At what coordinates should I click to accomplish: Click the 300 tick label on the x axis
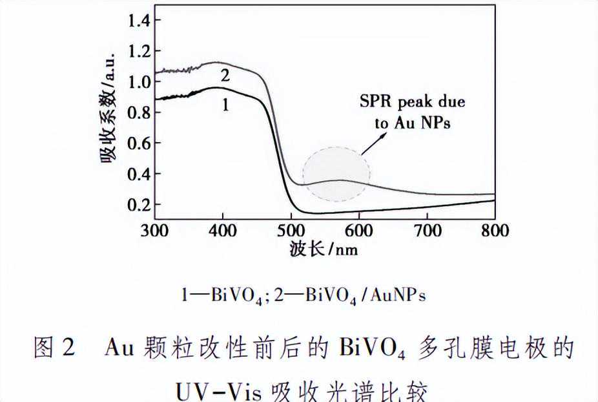pos(155,231)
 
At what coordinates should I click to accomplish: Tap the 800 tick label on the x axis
pos(495,231)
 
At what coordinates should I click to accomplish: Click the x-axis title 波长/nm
pos(324,249)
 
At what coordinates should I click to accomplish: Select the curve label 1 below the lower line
pos(225,105)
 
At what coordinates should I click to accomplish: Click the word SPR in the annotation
pos(374,102)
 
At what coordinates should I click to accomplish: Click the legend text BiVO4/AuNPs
pos(366,295)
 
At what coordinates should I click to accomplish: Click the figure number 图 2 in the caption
pos(55,350)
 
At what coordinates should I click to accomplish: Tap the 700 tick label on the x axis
pos(427,231)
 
